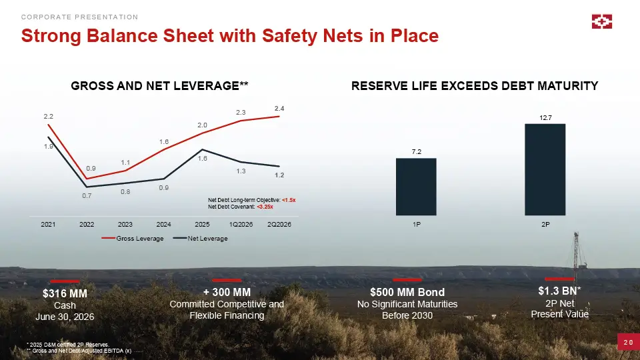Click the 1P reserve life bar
416,187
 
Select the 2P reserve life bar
545,169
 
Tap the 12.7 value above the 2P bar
545,117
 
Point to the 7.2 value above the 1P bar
416,152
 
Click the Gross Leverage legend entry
133,239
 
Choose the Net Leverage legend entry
201,239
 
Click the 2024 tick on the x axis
164,225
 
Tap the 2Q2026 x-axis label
279,225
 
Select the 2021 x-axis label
48,225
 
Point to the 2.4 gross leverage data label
279,109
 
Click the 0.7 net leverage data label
87,196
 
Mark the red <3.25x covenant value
265,207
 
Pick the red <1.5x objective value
289,200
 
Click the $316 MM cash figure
65,293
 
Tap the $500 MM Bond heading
407,292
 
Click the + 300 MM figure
227,292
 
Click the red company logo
602,21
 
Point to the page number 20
629,343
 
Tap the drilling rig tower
577,255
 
